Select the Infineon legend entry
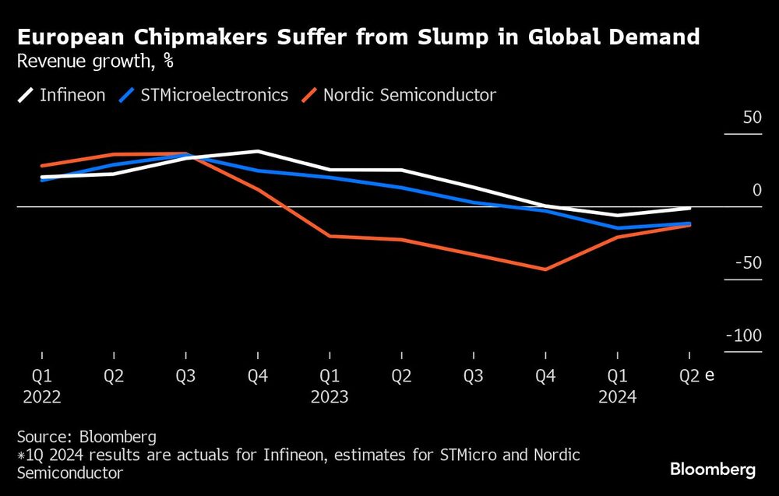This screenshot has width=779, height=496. coord(62,95)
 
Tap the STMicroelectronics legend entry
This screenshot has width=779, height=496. coord(205,95)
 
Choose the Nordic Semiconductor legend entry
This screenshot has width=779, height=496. coord(400,95)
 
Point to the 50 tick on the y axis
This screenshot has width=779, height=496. coord(752,118)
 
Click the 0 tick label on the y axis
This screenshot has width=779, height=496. coord(756,191)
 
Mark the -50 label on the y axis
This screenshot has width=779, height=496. coord(748,263)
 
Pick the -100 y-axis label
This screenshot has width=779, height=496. coord(744,336)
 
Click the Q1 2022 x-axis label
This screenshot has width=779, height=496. coord(41,386)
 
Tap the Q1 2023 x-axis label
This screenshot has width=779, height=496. coord(330,386)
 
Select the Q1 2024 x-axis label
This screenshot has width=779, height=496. coord(617,386)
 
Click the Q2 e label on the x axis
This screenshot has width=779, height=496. coord(696,376)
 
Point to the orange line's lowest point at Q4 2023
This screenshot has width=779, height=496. coord(545,269)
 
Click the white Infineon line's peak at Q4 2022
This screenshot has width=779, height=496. coord(257,151)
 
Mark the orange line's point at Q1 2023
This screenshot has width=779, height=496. coord(330,236)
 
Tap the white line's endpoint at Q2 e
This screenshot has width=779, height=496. coord(689,208)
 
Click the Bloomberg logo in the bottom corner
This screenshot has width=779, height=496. coord(712,470)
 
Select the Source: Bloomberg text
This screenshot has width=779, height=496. coord(86,436)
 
